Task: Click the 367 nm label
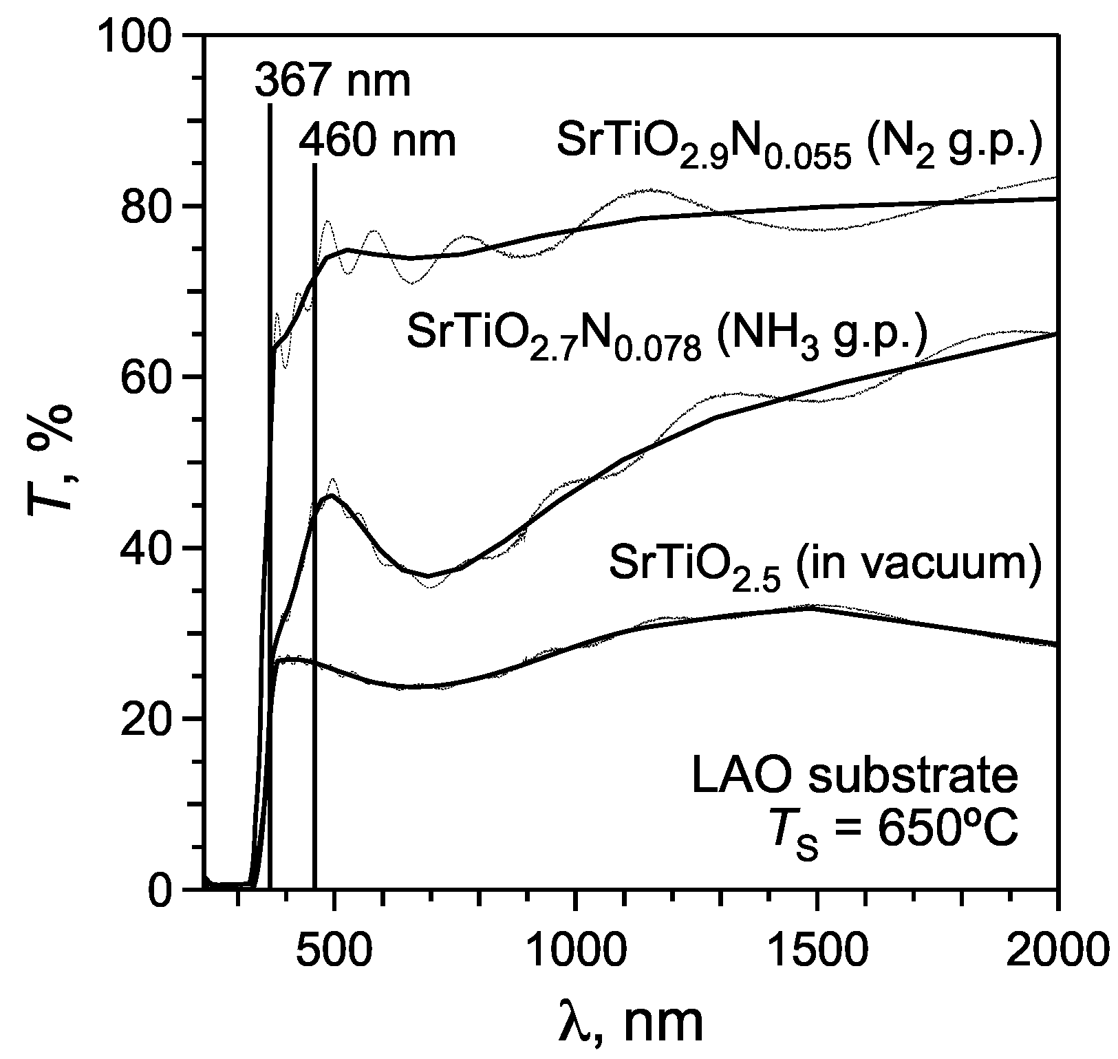(332, 81)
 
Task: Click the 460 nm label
(378, 141)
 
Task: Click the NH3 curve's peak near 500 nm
(332, 495)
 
